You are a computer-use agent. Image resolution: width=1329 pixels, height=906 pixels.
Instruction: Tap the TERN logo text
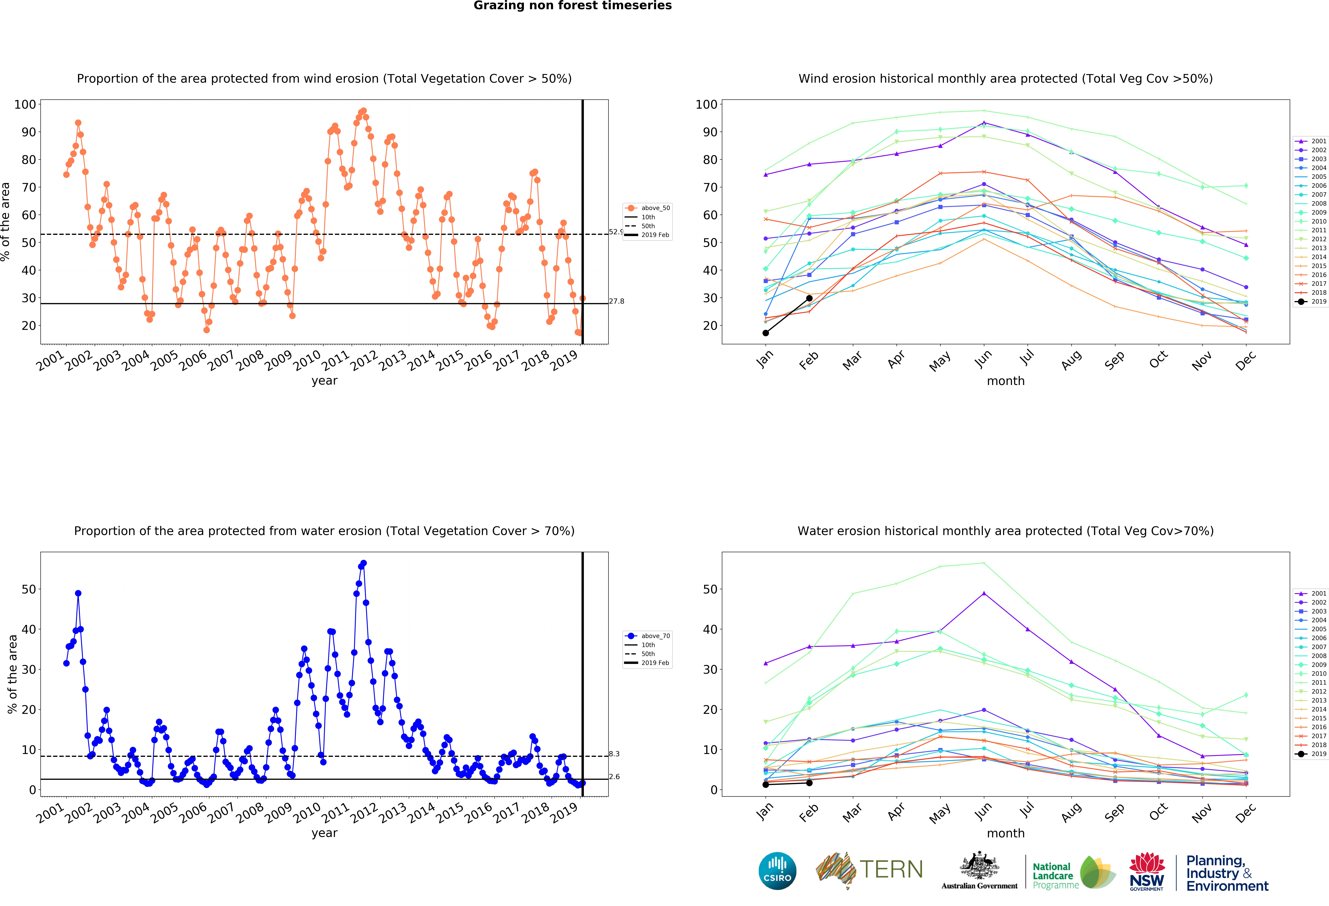coord(891,869)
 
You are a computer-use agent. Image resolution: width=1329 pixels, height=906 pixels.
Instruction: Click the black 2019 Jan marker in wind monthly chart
coord(766,333)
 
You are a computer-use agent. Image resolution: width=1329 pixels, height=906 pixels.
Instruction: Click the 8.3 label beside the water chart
coord(614,754)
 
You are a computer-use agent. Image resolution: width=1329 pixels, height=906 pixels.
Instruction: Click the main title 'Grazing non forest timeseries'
coord(572,6)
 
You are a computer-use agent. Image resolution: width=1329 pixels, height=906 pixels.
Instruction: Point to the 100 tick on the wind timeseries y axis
coord(25,105)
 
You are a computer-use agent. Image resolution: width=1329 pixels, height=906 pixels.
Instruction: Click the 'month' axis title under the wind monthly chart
coord(1005,381)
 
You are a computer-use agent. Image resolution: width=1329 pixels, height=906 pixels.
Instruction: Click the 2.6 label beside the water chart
coord(614,777)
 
